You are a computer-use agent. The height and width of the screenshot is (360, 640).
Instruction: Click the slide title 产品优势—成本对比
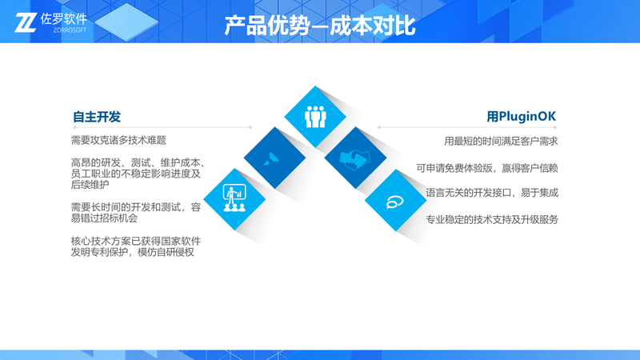319,26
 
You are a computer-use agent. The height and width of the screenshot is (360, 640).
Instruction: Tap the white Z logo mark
26,23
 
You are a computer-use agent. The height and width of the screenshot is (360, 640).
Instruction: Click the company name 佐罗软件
64,18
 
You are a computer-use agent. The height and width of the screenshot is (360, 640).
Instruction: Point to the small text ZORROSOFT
70,30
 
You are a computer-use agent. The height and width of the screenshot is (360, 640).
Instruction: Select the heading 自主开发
97,117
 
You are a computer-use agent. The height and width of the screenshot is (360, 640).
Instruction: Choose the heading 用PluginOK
522,117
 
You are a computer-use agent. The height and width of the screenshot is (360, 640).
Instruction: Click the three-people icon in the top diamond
315,117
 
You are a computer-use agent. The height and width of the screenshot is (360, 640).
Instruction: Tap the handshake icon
355,159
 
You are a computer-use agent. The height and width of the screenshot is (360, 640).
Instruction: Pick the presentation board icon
234,198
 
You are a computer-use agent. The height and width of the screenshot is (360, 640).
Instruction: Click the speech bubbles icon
395,202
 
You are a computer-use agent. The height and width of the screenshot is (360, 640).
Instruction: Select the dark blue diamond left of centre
274,158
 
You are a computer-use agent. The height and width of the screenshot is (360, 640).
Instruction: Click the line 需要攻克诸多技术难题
118,141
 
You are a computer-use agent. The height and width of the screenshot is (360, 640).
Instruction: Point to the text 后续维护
90,185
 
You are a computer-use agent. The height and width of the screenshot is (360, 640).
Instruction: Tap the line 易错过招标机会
105,218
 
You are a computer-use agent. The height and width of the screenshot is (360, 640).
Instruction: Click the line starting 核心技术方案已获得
136,242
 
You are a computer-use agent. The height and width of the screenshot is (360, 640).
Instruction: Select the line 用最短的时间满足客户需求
501,142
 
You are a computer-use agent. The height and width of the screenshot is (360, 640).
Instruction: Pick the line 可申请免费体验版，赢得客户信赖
487,168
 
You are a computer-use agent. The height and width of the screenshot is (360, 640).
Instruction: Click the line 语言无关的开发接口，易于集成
492,193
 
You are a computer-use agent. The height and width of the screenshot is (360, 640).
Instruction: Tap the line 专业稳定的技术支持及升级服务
492,219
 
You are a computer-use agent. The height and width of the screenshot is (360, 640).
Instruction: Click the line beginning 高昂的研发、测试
138,163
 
